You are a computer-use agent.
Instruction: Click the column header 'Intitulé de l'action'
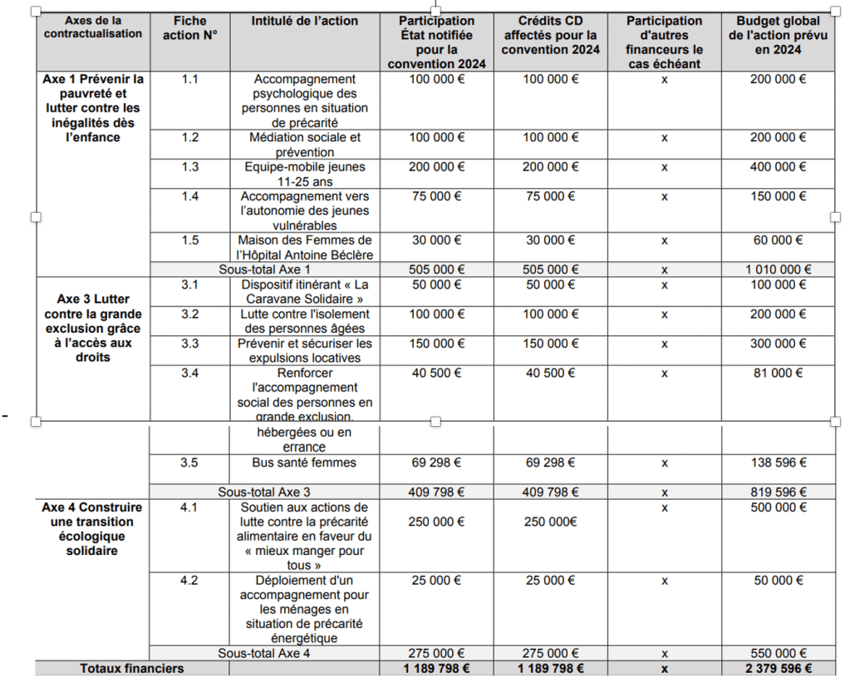[x=304, y=21]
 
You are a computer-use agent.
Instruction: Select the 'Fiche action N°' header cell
[x=190, y=28]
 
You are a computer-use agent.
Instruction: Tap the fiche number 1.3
[x=190, y=167]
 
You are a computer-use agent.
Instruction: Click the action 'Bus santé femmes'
[x=304, y=463]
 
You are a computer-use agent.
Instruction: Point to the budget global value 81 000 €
[x=778, y=374]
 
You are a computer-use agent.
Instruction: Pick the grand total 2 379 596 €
[x=778, y=668]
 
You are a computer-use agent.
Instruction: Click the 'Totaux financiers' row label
[x=132, y=668]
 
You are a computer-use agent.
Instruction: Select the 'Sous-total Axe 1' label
[x=264, y=270]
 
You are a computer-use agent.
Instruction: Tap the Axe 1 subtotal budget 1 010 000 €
[x=778, y=270]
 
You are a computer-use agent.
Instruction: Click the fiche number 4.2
[x=189, y=581]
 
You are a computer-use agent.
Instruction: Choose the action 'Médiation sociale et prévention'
[x=304, y=145]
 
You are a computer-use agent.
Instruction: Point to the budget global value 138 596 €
[x=778, y=463]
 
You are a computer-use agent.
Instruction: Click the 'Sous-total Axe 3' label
[x=264, y=492]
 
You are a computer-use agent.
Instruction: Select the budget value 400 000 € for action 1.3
[x=778, y=167]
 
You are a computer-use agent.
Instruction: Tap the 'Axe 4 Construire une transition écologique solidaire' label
[x=92, y=528]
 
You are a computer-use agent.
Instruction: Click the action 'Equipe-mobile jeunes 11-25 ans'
[x=304, y=174]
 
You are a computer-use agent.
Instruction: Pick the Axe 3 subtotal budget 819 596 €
[x=778, y=492]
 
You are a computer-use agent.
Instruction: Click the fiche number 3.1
[x=189, y=285]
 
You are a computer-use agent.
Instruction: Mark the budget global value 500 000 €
[x=778, y=507]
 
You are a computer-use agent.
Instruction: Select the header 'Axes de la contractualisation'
[x=93, y=28]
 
